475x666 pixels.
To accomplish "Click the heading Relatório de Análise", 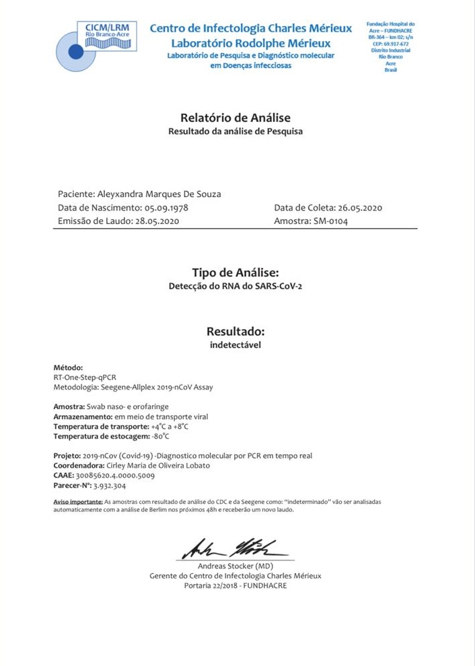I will click(x=235, y=117).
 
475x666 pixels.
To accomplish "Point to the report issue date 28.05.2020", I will click(x=157, y=221).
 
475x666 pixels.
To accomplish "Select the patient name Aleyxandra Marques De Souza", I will click(x=159, y=194).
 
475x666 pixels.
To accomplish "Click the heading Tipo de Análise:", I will click(x=235, y=272).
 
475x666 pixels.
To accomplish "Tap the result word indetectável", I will click(x=235, y=345).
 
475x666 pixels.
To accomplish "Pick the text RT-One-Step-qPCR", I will click(x=85, y=377).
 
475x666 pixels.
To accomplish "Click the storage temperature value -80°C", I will click(x=160, y=436).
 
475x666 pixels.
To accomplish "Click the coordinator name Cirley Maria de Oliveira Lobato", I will click(x=158, y=466).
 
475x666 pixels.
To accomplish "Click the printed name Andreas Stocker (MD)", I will click(x=235, y=566).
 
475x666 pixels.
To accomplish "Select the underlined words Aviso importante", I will click(x=77, y=502).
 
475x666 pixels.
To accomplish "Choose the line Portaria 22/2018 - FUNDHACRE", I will click(x=235, y=585).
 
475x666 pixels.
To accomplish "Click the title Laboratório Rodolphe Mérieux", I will click(x=250, y=43).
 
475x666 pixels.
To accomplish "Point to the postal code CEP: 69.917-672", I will click(x=390, y=44).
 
